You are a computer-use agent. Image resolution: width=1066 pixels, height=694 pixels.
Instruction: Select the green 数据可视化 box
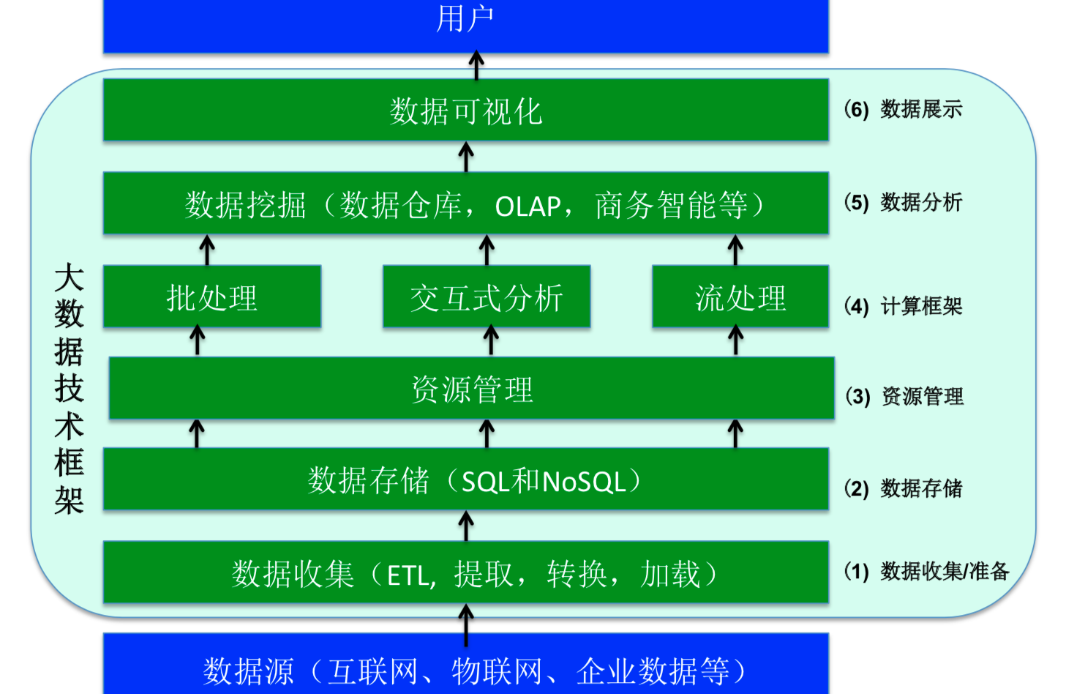(465, 111)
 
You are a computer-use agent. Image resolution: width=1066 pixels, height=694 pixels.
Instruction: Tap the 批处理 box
(212, 296)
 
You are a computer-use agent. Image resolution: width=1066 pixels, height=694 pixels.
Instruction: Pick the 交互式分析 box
(487, 296)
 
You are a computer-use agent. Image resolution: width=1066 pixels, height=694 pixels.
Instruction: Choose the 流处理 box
(740, 296)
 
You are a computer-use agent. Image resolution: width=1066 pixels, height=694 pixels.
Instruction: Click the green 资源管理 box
(471, 388)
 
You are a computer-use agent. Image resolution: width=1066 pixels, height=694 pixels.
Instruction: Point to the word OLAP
(528, 206)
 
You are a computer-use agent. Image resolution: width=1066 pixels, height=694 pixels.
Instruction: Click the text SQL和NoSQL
(544, 481)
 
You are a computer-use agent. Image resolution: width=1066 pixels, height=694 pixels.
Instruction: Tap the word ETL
(408, 575)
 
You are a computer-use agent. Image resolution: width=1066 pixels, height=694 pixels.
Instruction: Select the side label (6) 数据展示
(903, 110)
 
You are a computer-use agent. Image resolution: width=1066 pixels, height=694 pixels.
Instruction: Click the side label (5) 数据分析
(903, 203)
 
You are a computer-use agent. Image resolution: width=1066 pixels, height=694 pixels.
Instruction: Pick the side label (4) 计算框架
(903, 306)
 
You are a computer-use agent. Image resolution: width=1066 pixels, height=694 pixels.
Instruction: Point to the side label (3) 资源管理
(904, 397)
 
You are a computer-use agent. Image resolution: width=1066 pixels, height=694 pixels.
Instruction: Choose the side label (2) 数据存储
(903, 488)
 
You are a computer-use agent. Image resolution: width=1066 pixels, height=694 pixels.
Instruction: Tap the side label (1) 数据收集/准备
(926, 571)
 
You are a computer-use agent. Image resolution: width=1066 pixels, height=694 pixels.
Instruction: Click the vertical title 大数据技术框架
(69, 388)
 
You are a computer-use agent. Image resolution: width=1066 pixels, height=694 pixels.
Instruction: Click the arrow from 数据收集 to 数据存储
(466, 526)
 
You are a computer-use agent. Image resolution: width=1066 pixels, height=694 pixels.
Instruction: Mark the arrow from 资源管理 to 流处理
(736, 341)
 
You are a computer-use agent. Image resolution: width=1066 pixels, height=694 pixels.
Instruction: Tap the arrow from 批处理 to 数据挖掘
(207, 250)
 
